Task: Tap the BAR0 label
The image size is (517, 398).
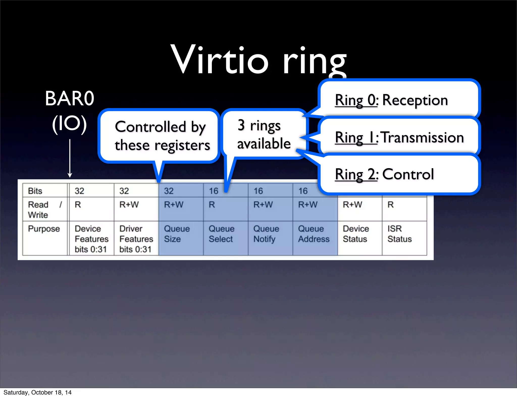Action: click(69, 99)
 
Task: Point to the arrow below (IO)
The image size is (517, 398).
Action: click(70, 158)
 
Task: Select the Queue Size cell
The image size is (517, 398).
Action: click(177, 234)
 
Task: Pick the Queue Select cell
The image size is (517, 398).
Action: click(221, 234)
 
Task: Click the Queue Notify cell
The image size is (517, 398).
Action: click(266, 234)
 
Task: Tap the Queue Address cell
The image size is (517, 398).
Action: click(314, 234)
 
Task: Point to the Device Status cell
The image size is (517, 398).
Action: click(356, 234)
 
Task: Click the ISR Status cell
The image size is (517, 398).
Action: click(399, 234)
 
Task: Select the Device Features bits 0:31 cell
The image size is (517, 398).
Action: click(91, 239)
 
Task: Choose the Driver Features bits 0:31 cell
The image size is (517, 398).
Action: click(136, 239)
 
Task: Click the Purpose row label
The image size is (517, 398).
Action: click(44, 229)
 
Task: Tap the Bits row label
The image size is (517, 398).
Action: click(35, 191)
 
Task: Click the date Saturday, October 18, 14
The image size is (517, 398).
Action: click(37, 392)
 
